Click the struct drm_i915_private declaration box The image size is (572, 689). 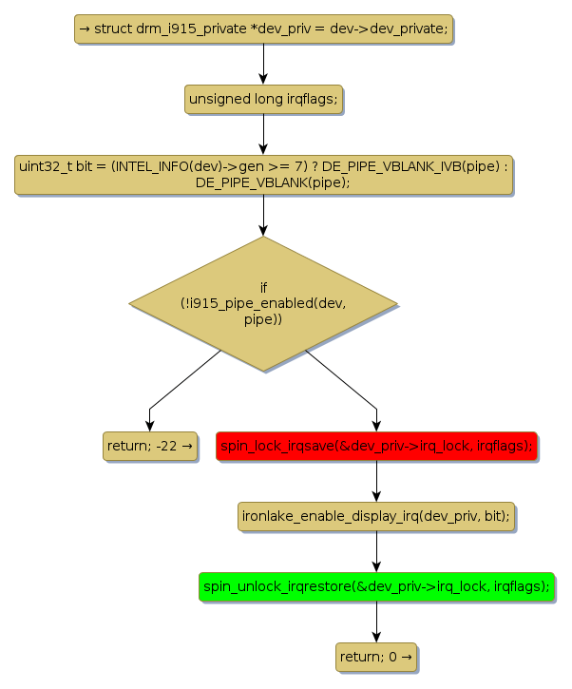pyautogui.click(x=263, y=29)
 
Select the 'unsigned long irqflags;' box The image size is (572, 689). pyautogui.click(x=263, y=99)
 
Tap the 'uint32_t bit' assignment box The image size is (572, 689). pyautogui.click(x=263, y=174)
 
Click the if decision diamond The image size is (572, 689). pyautogui.click(x=263, y=303)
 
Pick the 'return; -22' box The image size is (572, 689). pyautogui.click(x=150, y=445)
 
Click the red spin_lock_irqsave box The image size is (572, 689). pyautogui.click(x=376, y=445)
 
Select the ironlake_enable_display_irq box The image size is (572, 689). pyautogui.click(x=376, y=516)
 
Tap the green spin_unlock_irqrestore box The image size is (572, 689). pyautogui.click(x=376, y=586)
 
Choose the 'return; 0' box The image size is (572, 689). pyautogui.click(x=376, y=657)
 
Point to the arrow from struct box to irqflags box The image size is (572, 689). pyautogui.click(x=263, y=64)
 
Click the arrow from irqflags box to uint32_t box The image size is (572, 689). pyautogui.click(x=263, y=134)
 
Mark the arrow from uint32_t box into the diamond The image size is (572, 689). pyautogui.click(x=263, y=216)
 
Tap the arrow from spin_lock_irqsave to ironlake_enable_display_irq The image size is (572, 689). pyautogui.click(x=376, y=481)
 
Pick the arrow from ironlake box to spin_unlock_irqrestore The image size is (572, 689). pyautogui.click(x=376, y=551)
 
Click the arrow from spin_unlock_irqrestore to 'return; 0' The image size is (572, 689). pyautogui.click(x=376, y=622)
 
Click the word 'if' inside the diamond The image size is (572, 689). pyautogui.click(x=263, y=287)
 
